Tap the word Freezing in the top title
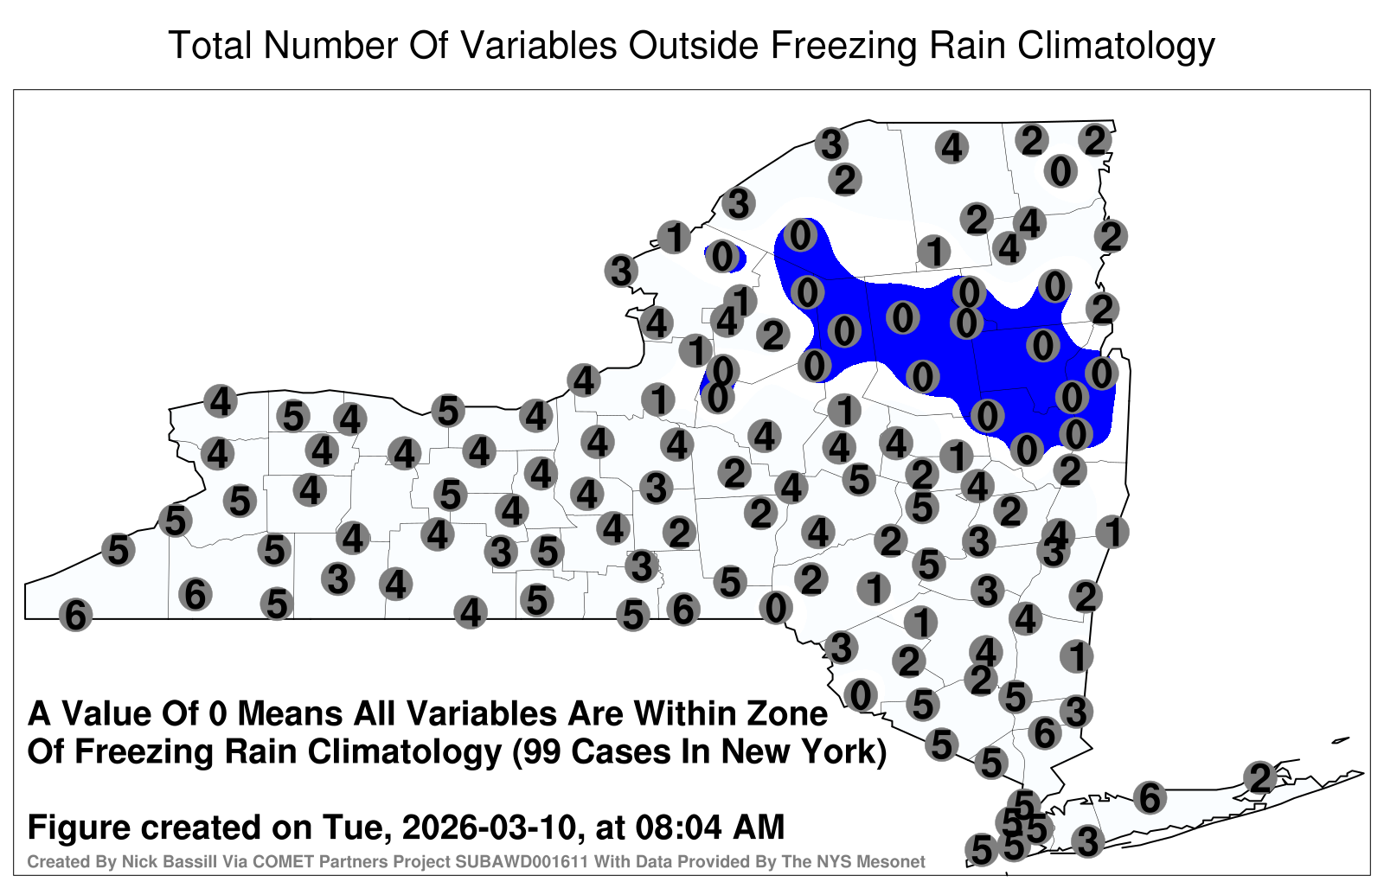pos(838,47)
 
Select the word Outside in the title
pos(691,46)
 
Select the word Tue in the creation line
pos(357,828)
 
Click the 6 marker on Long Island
pos(1150,797)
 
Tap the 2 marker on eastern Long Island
pos(1260,777)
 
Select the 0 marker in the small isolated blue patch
pos(722,256)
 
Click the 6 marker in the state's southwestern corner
pos(75,615)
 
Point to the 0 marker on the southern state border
pos(775,608)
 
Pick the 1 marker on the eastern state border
pos(1112,532)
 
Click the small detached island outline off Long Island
pos(1341,740)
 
